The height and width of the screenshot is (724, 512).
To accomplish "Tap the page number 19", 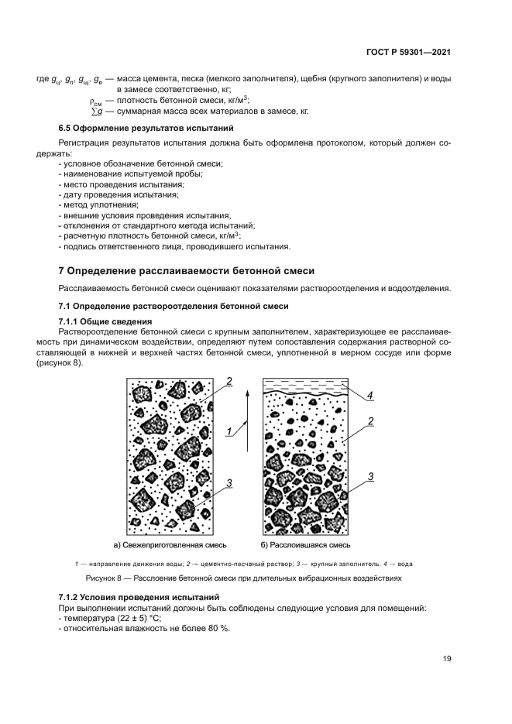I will (x=446, y=659).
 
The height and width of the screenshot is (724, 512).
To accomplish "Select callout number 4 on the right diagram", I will (x=370, y=396).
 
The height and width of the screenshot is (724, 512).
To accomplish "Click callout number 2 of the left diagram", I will (x=229, y=380).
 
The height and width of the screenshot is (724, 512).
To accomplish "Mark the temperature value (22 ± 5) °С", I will (x=123, y=619).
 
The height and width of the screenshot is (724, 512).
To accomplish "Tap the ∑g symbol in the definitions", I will (x=98, y=112).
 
